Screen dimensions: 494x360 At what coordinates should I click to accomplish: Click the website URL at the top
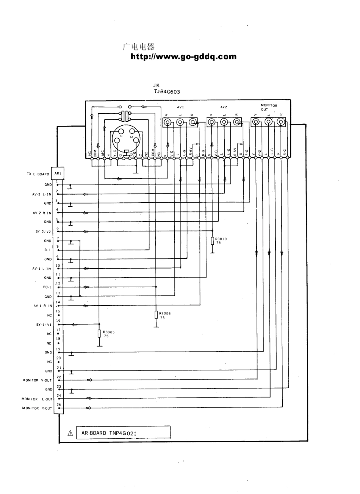(x=183, y=57)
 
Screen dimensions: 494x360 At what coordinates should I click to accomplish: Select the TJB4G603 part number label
(x=167, y=91)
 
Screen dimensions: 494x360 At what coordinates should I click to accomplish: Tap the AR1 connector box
(x=58, y=174)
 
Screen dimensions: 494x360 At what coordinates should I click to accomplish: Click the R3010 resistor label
(x=221, y=239)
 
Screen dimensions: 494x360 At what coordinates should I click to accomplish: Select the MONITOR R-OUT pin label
(x=37, y=408)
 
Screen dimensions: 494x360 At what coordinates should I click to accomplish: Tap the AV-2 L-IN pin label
(x=42, y=194)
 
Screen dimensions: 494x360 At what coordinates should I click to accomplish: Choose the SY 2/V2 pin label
(x=43, y=231)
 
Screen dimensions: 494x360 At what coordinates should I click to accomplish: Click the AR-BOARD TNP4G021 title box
(x=123, y=433)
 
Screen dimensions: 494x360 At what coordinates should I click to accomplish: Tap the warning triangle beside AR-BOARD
(x=70, y=433)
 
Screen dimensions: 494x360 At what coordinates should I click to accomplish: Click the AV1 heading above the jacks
(x=180, y=107)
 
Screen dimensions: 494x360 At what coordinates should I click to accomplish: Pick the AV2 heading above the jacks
(x=224, y=107)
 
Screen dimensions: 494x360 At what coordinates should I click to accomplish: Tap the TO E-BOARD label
(x=38, y=174)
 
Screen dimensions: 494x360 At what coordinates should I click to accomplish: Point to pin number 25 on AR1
(x=58, y=405)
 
